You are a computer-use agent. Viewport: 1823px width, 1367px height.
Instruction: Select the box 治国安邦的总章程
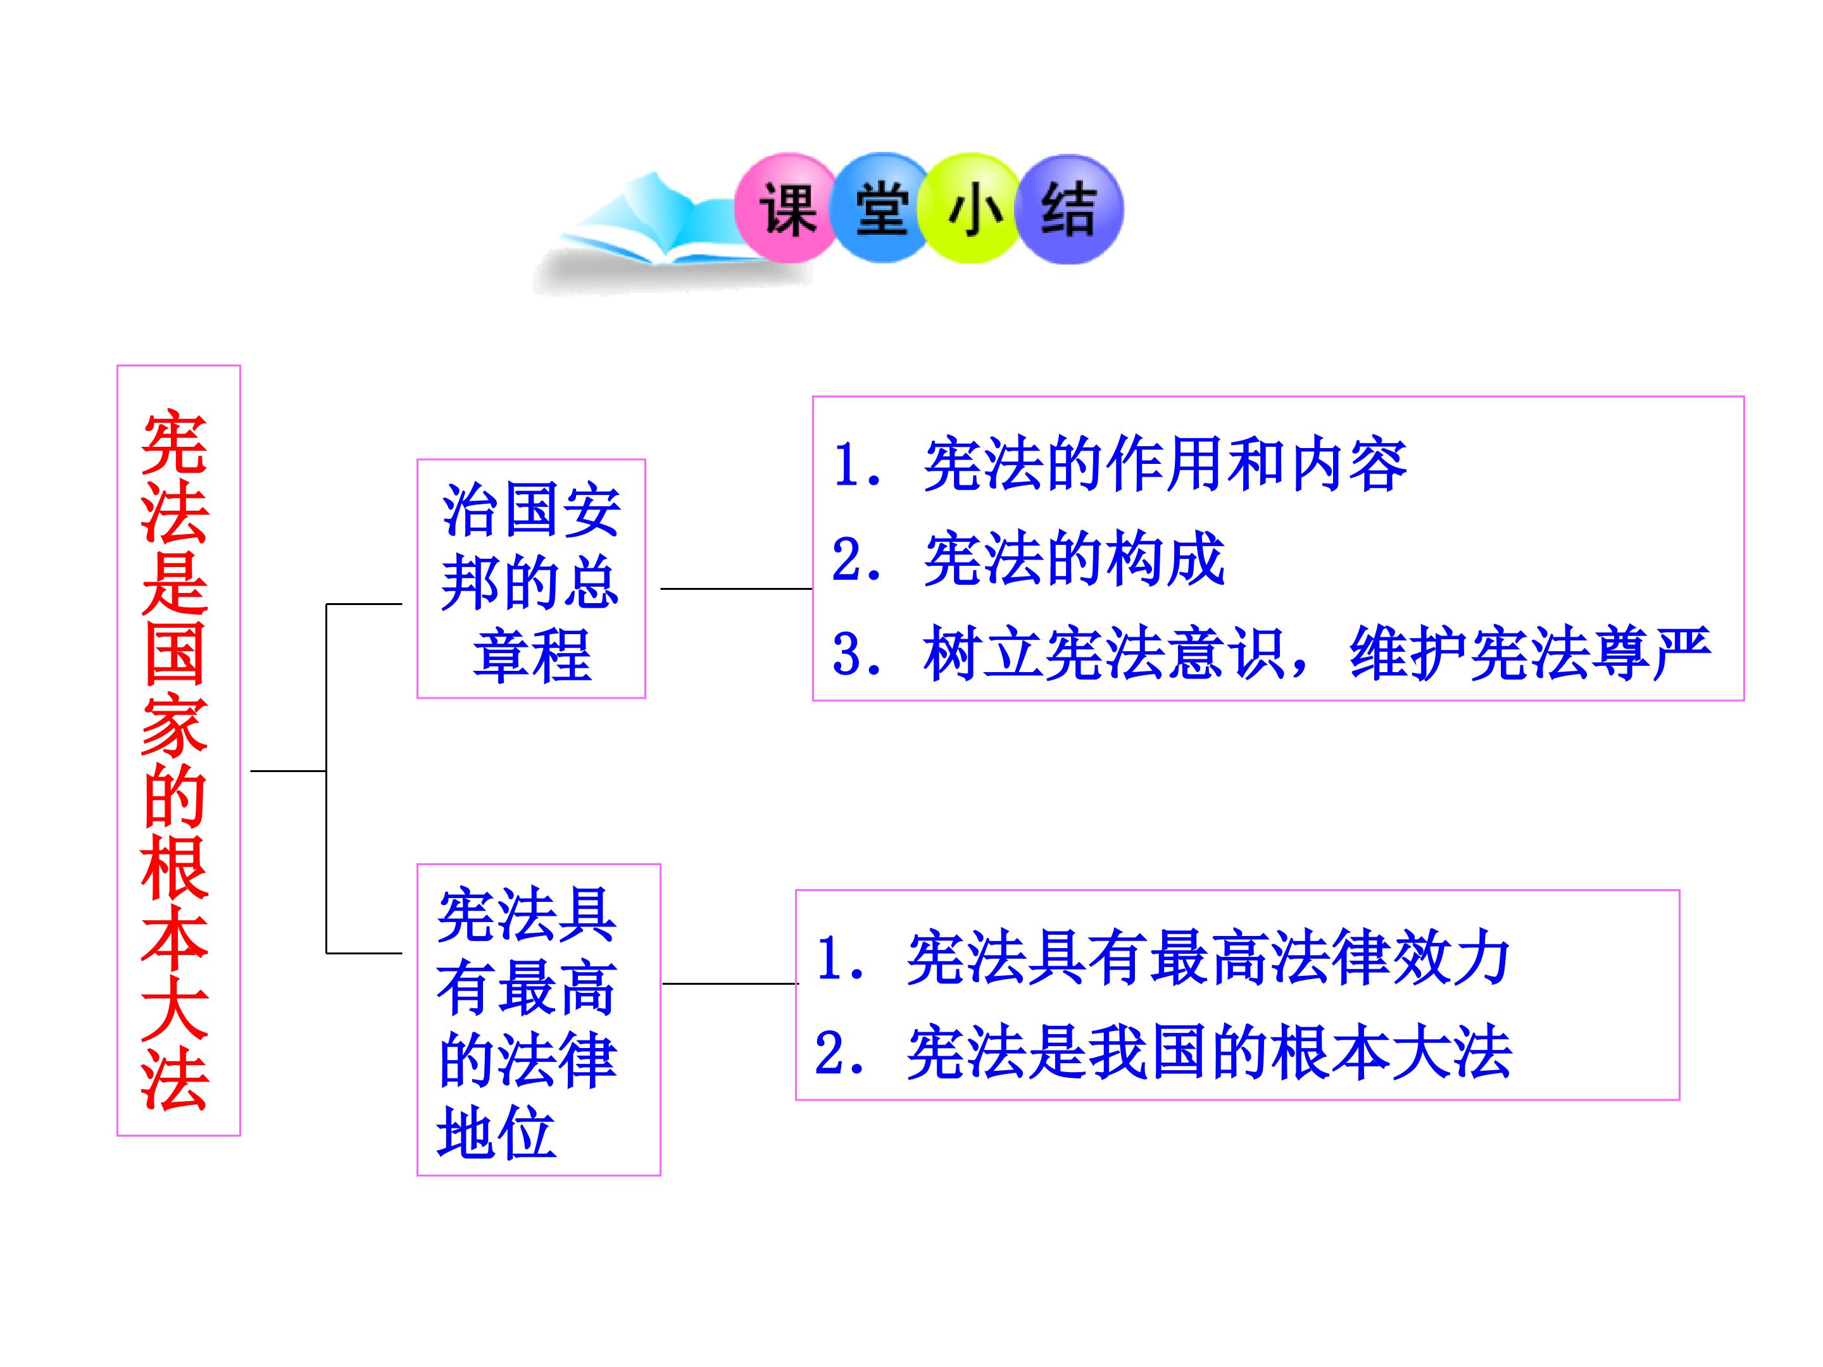coord(530,578)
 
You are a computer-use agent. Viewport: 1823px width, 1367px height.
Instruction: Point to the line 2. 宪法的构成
coord(1029,560)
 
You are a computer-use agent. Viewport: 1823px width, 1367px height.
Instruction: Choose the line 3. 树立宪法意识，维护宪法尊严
coord(1272,654)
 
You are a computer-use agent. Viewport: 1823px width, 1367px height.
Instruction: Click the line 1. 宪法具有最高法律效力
coord(1162,958)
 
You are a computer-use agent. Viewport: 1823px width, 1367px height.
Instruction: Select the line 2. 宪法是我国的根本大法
coord(1163,1052)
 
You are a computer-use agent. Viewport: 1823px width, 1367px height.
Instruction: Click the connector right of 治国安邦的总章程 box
coord(737,589)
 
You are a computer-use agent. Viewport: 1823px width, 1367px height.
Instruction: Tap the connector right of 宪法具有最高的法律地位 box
coord(730,983)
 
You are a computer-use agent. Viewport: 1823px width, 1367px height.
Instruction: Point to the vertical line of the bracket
coord(327,778)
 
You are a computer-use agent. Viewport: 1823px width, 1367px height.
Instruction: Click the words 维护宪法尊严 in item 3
coord(1531,654)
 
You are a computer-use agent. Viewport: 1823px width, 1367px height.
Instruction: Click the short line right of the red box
coord(289,771)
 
